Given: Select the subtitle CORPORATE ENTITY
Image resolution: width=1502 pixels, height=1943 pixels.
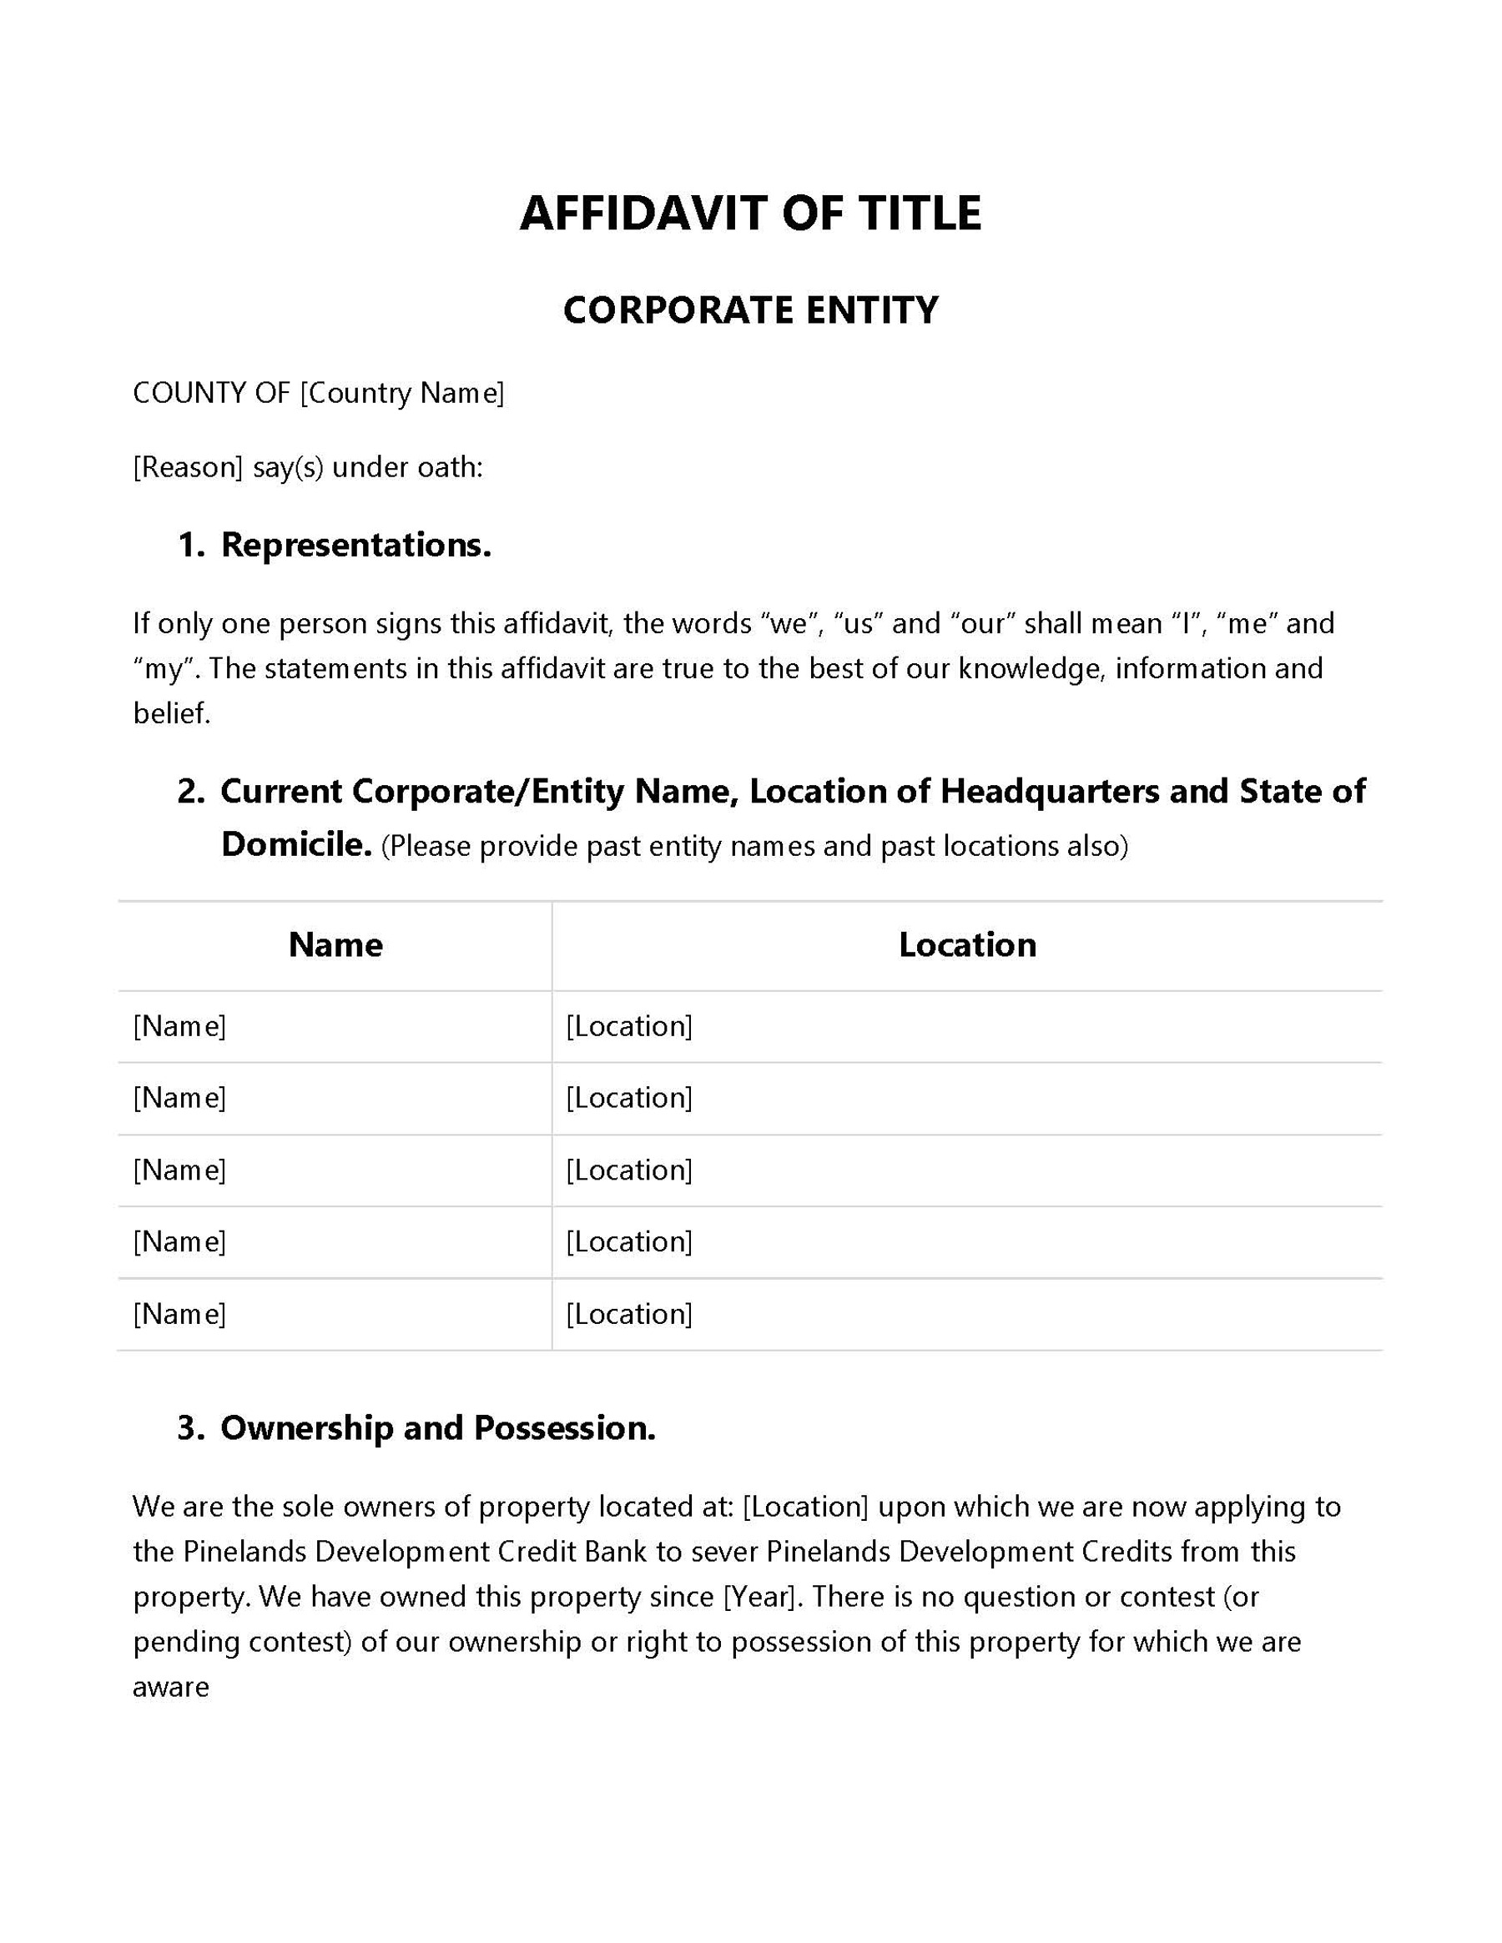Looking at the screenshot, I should pyautogui.click(x=750, y=310).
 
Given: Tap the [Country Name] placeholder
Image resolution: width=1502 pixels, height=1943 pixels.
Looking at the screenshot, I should pyautogui.click(x=402, y=392).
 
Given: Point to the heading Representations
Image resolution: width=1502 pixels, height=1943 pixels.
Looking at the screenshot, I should pyautogui.click(x=356, y=546).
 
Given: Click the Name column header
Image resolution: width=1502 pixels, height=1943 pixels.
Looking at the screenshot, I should pyautogui.click(x=335, y=945).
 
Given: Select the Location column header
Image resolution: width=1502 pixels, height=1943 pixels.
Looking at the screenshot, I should pyautogui.click(x=967, y=945).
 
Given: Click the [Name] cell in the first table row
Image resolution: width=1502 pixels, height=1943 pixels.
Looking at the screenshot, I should pyautogui.click(x=179, y=1027).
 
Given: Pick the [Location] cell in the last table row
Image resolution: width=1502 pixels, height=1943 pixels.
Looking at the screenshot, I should pyautogui.click(x=629, y=1314).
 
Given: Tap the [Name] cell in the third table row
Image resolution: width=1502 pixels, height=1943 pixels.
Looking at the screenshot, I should pyautogui.click(x=179, y=1170).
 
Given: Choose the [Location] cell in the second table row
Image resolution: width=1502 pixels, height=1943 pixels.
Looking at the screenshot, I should pyautogui.click(x=629, y=1098).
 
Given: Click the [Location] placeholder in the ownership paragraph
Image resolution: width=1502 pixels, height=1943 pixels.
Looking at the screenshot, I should pyautogui.click(x=805, y=1506).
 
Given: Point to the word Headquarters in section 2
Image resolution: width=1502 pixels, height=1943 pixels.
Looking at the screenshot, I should pyautogui.click(x=1050, y=791).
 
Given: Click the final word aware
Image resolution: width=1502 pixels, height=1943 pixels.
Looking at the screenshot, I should pyautogui.click(x=171, y=1687).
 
